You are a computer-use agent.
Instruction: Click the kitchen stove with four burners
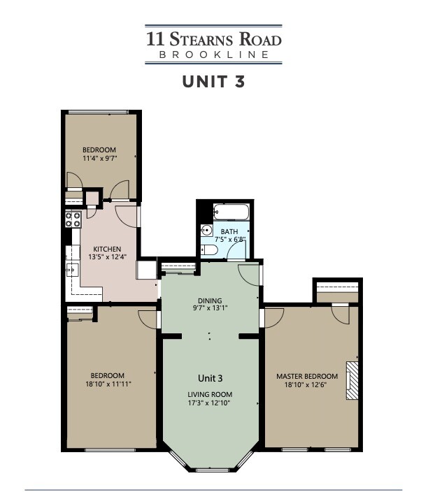73,221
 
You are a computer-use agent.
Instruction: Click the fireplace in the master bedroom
353,380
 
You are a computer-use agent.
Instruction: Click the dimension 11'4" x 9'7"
99,159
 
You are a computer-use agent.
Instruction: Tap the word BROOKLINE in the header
213,54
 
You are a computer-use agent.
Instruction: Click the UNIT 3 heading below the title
213,81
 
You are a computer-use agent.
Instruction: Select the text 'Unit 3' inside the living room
209,378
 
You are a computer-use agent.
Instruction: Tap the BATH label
229,231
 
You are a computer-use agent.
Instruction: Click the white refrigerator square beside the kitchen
145,270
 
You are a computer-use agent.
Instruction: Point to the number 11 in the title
153,38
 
